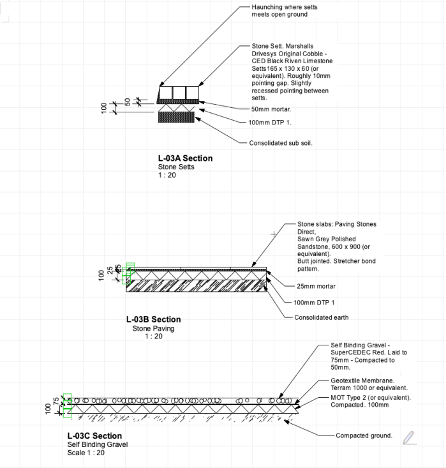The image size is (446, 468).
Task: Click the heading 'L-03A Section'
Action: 185,158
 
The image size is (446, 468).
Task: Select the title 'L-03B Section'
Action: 153,319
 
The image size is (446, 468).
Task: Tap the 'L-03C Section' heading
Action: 94,436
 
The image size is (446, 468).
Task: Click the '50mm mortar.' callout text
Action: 271,109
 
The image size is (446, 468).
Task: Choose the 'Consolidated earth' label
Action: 321,317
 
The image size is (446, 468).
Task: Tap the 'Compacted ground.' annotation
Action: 364,435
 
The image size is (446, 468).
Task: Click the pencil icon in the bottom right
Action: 409,437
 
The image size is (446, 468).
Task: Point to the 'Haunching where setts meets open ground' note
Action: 284,10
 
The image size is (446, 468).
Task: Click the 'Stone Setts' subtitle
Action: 176,167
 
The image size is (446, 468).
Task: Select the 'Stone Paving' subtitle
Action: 153,329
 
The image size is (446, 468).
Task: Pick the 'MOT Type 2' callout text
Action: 370,398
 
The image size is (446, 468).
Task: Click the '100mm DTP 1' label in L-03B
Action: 314,302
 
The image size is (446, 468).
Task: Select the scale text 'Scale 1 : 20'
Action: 85,453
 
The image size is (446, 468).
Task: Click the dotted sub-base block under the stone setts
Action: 177,117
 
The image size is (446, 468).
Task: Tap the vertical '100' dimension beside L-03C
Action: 48,408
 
